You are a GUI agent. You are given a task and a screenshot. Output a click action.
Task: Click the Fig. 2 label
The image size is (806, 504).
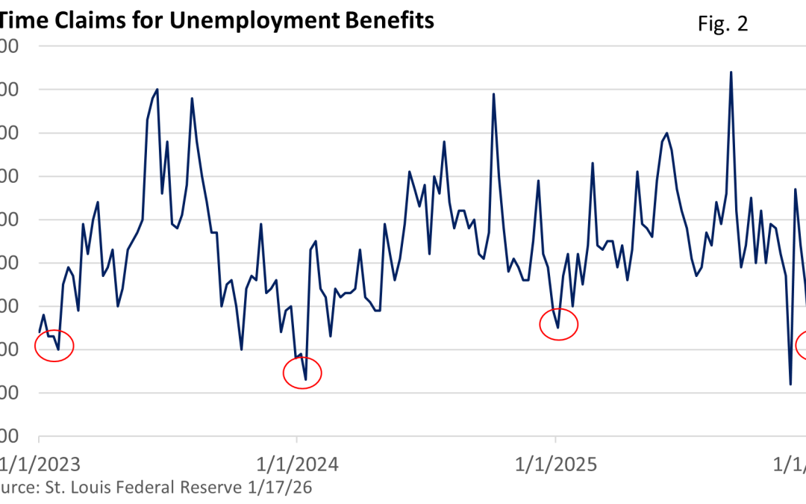point(722,24)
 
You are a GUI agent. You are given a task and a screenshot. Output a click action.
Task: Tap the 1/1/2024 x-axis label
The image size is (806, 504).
point(297,464)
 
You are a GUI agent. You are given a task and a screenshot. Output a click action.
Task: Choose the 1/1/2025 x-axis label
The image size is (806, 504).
point(555,464)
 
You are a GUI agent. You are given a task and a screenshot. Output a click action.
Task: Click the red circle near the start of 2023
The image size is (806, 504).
point(54,346)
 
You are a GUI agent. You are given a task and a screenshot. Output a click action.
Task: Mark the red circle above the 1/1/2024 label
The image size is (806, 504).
point(302,373)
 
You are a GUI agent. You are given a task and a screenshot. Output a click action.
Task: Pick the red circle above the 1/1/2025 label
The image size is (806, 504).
point(559,323)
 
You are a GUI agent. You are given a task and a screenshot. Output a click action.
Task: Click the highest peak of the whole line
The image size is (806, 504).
point(731,72)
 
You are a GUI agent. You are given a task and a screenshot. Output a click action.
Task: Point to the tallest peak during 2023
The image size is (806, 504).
point(157,90)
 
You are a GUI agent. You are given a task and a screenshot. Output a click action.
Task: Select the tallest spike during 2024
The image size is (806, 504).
point(493,94)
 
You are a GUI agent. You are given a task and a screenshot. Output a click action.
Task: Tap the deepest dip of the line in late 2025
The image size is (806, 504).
point(790,384)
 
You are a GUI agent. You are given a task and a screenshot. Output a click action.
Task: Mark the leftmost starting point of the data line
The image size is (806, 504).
point(39,332)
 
